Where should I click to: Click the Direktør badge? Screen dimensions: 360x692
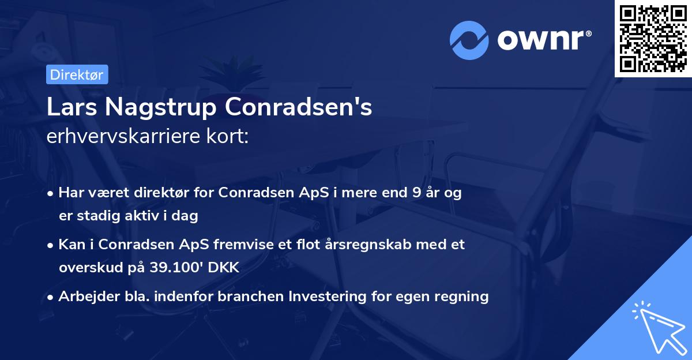[x=77, y=74]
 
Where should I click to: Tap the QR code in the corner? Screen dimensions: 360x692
[x=653, y=38]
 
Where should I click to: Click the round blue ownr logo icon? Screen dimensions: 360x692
[x=469, y=40]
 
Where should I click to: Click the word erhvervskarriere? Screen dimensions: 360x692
[x=119, y=137]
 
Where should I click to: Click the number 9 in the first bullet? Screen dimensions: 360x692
[x=416, y=193]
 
